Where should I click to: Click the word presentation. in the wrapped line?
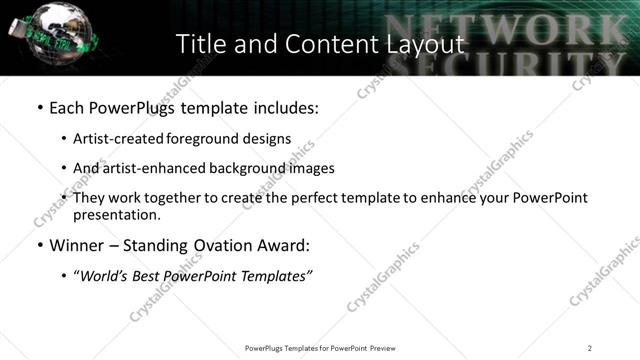(x=116, y=214)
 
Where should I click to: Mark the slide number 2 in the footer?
(x=589, y=348)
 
